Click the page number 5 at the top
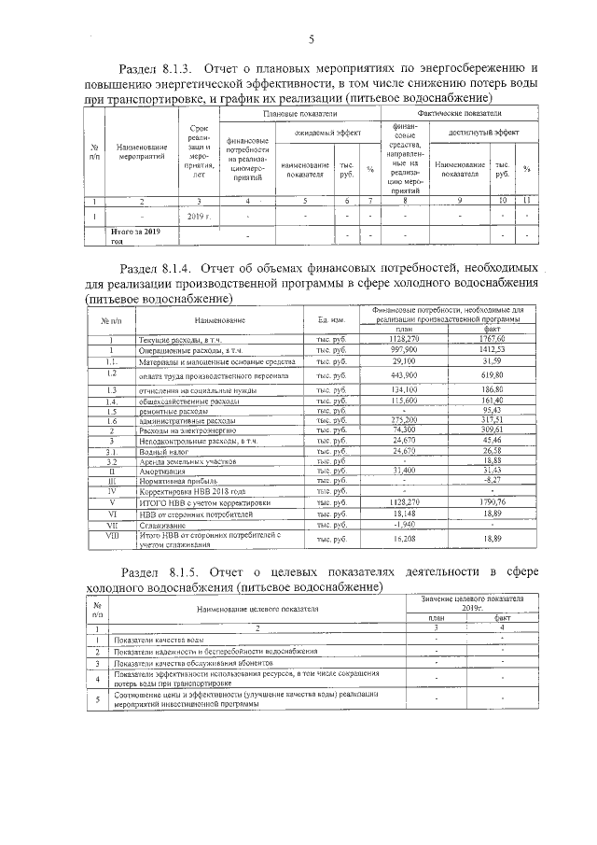(312, 38)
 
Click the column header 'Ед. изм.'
(332, 320)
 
